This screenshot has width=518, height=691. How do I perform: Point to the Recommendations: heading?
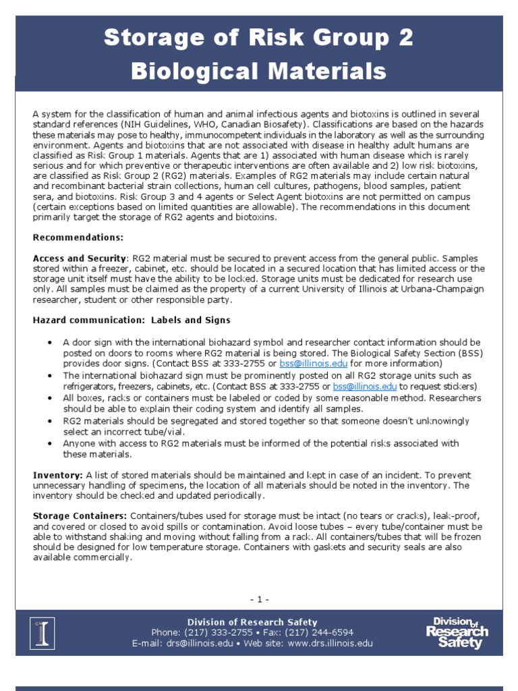(x=78, y=238)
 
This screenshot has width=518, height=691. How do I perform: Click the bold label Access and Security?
(x=80, y=258)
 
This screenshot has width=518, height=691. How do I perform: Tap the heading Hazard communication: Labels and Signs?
(x=132, y=320)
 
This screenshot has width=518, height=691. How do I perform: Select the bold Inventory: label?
(x=58, y=475)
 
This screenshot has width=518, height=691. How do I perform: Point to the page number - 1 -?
(x=259, y=599)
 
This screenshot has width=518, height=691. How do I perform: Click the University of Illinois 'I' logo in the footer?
(x=45, y=633)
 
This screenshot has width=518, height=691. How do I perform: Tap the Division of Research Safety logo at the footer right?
(x=457, y=632)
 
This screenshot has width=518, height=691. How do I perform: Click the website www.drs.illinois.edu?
(x=330, y=643)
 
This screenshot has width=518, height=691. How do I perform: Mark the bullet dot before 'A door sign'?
(x=51, y=343)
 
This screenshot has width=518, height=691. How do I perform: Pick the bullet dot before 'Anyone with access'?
(x=51, y=444)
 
